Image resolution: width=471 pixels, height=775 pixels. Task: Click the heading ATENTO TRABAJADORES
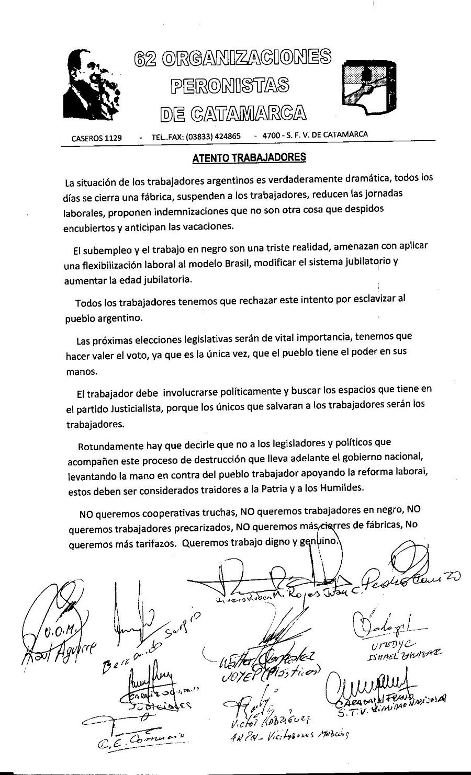249,157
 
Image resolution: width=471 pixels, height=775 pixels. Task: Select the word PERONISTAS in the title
231,85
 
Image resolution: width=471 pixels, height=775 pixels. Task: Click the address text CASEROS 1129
96,138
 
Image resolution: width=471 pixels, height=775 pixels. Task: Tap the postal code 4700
272,136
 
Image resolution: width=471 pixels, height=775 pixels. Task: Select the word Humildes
352,487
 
